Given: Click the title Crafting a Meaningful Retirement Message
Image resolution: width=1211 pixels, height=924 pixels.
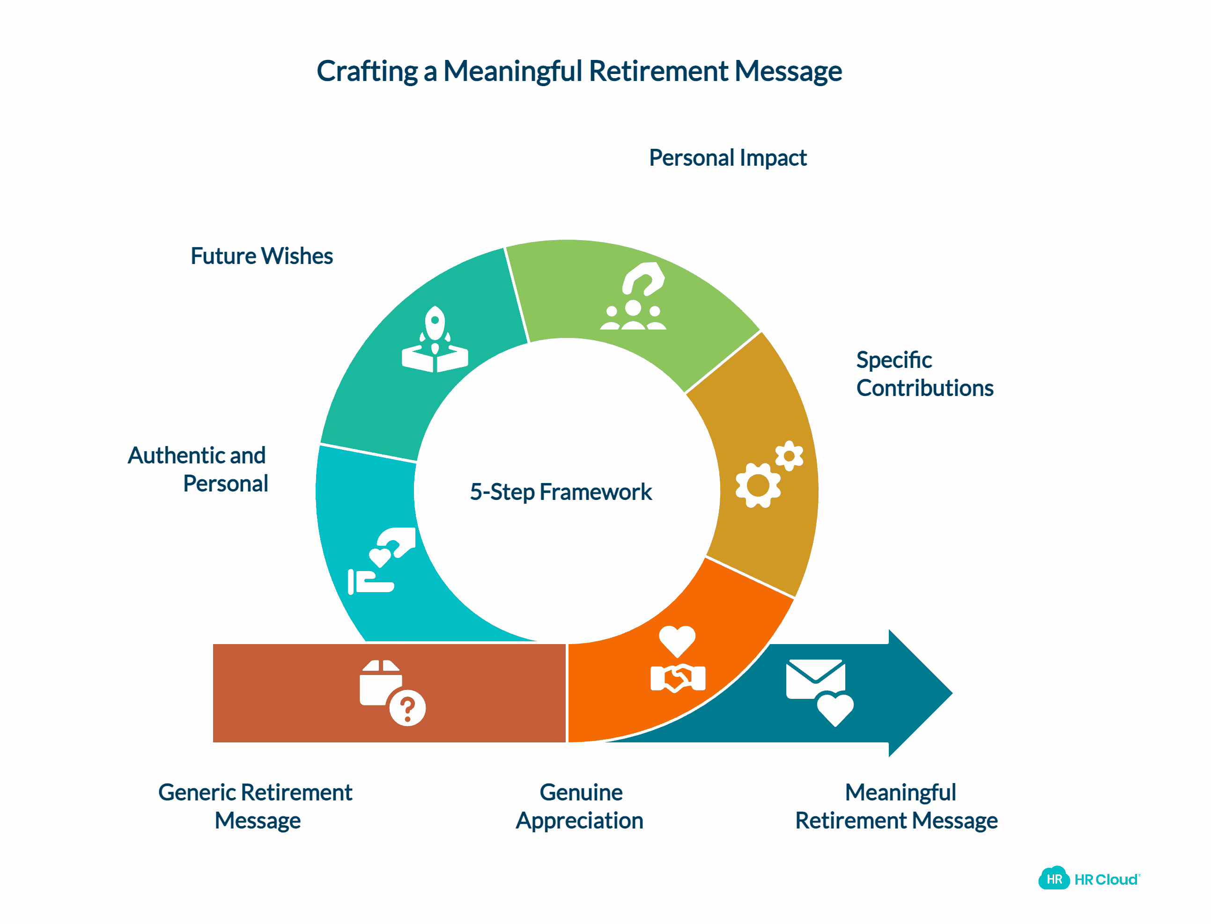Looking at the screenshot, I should pos(578,72).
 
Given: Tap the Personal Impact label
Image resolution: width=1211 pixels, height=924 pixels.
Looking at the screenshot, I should pos(727,158).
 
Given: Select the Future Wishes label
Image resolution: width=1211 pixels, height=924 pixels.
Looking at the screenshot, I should pos(261,257).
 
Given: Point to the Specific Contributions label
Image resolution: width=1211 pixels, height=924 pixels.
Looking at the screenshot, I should pos(924,374).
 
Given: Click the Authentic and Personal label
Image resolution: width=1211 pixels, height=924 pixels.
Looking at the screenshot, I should pos(198,469).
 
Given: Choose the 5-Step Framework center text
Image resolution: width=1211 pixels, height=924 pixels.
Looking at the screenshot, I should pos(560,491).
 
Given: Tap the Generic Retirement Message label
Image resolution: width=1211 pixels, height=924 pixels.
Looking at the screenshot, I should pos(256,807).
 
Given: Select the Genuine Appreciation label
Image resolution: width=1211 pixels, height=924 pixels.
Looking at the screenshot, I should pos(579,807).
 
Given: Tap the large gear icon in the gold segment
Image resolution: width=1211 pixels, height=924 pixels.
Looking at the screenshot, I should pos(758,485).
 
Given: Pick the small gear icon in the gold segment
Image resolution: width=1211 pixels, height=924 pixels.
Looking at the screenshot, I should pos(789,456).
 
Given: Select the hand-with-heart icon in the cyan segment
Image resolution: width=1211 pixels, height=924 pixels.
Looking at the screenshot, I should pos(381,561).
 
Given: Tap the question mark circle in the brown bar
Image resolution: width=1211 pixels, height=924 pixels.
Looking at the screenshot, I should pos(407,708).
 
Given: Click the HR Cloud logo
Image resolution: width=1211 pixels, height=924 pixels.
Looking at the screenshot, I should pos(1088,879).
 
